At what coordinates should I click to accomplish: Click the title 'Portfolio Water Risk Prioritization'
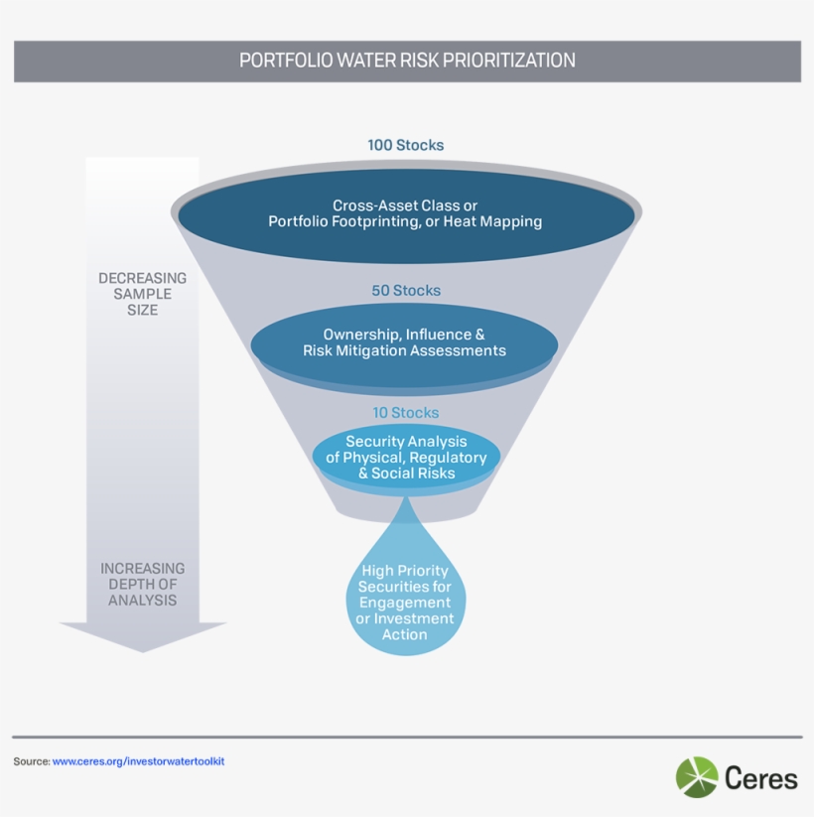point(407,61)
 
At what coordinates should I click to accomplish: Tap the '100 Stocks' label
point(406,145)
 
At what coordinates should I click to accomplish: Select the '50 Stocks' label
point(406,291)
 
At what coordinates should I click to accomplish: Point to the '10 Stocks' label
point(405,413)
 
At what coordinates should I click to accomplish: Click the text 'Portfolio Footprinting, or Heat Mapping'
point(405,221)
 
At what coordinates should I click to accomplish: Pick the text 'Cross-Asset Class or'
point(405,205)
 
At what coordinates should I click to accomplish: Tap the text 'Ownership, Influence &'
point(404,335)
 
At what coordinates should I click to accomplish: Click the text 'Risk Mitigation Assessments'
point(404,350)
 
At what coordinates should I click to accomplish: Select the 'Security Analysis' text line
point(406,442)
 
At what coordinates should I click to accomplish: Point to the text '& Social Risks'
point(406,474)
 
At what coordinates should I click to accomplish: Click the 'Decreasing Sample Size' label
point(142,294)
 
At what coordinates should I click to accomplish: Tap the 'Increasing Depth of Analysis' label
point(142,584)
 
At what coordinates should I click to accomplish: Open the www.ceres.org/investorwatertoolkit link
point(145,761)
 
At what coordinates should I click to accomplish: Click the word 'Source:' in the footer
point(31,761)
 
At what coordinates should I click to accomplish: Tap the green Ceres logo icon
point(697,777)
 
